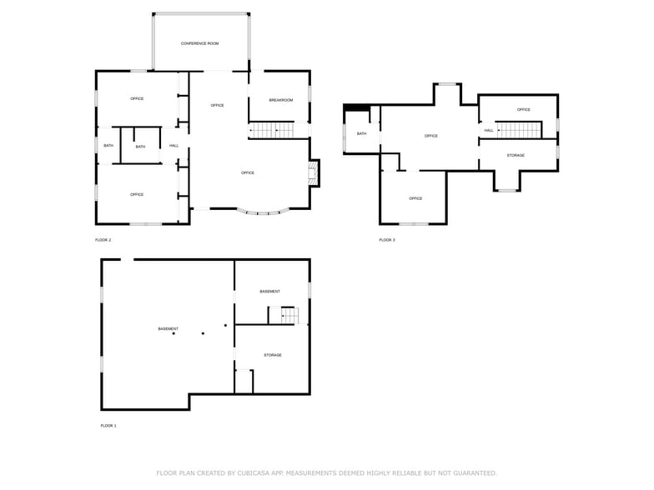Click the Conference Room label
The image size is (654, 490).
(x=200, y=43)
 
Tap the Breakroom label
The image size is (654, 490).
(x=280, y=100)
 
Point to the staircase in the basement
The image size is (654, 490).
(x=284, y=315)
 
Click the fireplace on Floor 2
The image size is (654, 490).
(x=314, y=172)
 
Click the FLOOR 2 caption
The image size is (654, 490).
(x=103, y=240)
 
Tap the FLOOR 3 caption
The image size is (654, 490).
(x=387, y=240)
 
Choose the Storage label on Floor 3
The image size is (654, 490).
(x=516, y=155)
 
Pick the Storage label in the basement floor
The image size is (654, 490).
(x=273, y=355)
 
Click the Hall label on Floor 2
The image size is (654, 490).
(x=174, y=146)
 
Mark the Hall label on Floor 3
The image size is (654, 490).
(x=488, y=130)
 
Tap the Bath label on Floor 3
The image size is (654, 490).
(x=361, y=133)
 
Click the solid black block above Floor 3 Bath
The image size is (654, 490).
(x=356, y=106)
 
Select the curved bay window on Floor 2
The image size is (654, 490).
(x=263, y=212)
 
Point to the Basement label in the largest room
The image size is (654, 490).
(x=168, y=328)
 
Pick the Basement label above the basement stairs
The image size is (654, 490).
(x=269, y=291)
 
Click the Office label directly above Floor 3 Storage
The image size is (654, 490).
(x=523, y=109)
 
